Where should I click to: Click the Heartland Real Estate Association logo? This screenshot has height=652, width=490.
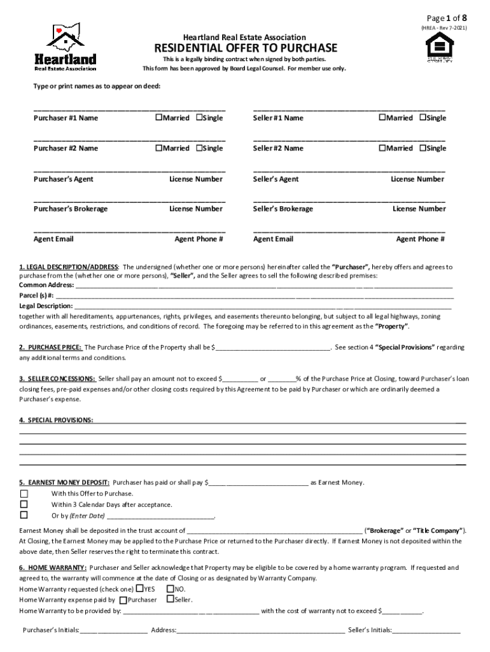coord(65,47)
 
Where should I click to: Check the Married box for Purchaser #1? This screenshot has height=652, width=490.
coord(159,118)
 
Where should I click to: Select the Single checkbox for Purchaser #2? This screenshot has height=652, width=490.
coord(199,148)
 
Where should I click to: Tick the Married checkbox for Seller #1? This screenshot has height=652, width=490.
coord(382,118)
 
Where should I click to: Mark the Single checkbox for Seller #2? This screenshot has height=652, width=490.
coord(423,148)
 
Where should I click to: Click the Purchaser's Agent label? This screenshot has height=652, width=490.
coord(63,179)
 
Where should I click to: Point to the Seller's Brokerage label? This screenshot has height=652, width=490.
coord(283,209)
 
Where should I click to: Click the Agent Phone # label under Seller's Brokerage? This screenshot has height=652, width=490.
coord(420,239)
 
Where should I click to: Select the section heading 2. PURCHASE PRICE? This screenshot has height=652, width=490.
coord(50,348)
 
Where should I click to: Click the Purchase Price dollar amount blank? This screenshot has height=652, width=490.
coord(272,348)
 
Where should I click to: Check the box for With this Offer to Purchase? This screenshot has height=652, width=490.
coord(24,493)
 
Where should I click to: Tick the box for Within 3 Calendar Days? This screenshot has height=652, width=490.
coord(24,504)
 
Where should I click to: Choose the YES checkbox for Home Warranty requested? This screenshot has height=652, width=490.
coord(140,589)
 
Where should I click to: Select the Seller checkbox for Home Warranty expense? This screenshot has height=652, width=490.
coord(170,599)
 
